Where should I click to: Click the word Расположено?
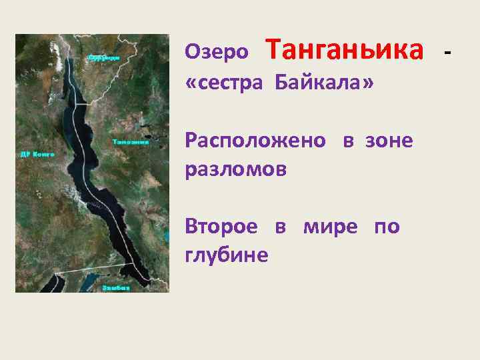256,141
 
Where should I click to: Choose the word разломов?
236,169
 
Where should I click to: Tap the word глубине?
227,255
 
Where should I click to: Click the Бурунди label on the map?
103,57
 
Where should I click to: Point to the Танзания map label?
129,141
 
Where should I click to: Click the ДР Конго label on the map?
37,154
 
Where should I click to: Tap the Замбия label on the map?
116,287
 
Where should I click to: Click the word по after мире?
387,227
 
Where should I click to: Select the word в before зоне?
348,141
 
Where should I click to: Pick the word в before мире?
281,227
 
